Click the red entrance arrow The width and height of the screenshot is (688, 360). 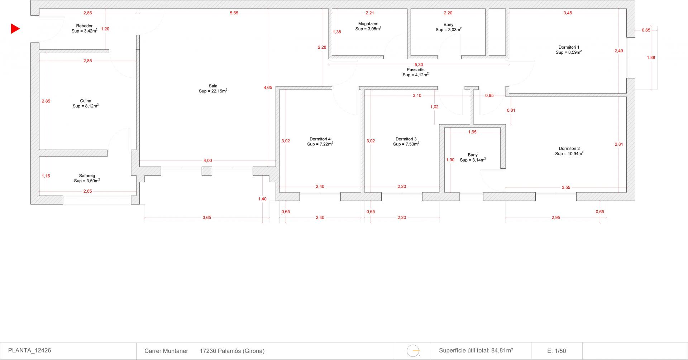15,29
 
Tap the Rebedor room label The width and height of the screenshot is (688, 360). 84,26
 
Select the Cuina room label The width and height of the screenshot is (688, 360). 86,101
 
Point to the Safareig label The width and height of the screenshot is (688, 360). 87,176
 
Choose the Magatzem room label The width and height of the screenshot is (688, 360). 368,24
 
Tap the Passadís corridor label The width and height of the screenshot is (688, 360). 416,70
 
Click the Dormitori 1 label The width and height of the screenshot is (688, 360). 569,47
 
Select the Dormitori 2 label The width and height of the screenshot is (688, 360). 569,149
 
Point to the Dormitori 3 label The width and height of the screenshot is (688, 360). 406,139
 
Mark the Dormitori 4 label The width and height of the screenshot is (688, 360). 320,139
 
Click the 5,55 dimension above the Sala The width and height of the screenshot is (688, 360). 234,13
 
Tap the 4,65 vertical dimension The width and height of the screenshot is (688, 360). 268,87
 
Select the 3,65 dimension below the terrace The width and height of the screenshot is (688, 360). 207,217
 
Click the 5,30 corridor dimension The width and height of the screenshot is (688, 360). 419,65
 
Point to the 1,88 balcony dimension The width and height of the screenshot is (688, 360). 651,57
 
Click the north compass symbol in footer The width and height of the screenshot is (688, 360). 414,351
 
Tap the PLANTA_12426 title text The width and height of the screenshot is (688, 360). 29,350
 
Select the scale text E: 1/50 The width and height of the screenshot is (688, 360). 556,351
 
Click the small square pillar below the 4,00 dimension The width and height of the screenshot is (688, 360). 207,171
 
